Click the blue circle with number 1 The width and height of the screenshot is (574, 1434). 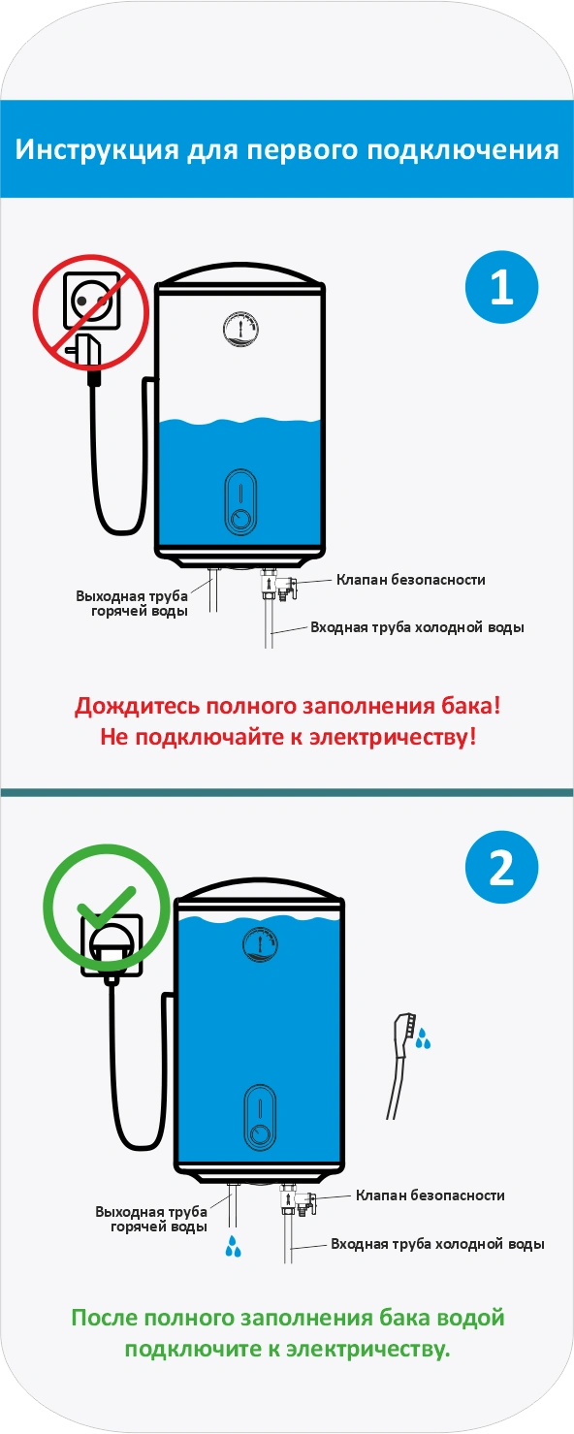[501, 287]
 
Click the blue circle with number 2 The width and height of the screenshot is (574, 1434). [501, 868]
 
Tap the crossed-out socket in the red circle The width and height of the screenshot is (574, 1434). [91, 301]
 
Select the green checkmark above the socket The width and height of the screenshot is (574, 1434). [107, 906]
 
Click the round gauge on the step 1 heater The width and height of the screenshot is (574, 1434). [240, 329]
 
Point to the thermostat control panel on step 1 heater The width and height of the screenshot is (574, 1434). [239, 503]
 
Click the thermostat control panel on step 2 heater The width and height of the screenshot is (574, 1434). [260, 1118]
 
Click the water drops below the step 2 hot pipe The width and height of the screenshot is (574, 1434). [233, 1245]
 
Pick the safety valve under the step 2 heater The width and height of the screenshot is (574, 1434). [299, 1199]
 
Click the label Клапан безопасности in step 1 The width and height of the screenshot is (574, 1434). [411, 580]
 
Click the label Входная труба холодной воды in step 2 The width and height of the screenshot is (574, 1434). [437, 1244]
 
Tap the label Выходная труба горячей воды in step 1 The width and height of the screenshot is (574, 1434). [133, 603]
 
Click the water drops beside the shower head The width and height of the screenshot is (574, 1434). [423, 1038]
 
